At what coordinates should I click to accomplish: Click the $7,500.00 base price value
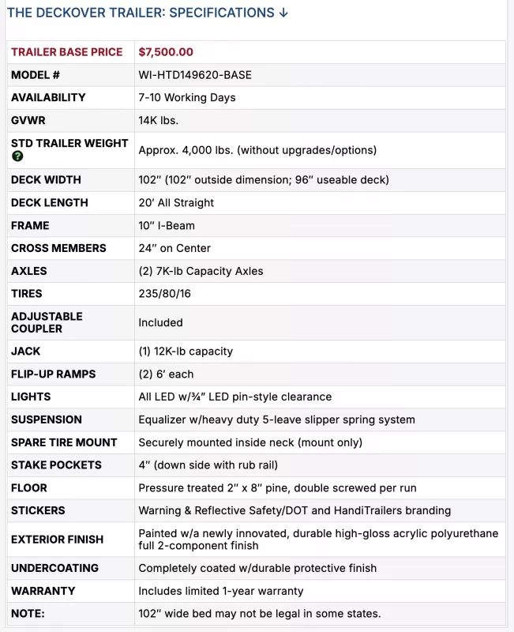click(x=166, y=52)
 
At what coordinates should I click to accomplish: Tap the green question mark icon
click(x=17, y=156)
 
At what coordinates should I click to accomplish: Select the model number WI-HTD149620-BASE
click(x=195, y=75)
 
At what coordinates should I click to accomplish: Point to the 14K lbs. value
click(x=158, y=120)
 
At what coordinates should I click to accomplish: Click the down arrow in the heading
click(x=283, y=13)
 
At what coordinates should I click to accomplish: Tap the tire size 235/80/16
click(x=163, y=294)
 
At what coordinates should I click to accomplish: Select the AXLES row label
click(x=29, y=271)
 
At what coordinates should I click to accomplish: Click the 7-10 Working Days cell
click(x=187, y=98)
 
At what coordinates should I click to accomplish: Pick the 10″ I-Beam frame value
click(x=167, y=225)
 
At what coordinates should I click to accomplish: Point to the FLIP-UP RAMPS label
click(x=52, y=374)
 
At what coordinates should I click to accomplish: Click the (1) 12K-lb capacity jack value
click(x=186, y=351)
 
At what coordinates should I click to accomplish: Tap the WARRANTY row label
click(x=43, y=591)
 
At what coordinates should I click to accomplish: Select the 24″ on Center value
click(x=174, y=248)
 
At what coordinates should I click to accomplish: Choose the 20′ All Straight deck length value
click(x=176, y=202)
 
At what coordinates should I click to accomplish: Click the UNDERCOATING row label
click(x=54, y=568)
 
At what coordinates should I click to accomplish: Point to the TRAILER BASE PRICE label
click(x=67, y=52)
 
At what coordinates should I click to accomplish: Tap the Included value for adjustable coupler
click(x=160, y=322)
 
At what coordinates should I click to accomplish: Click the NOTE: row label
click(x=28, y=614)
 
